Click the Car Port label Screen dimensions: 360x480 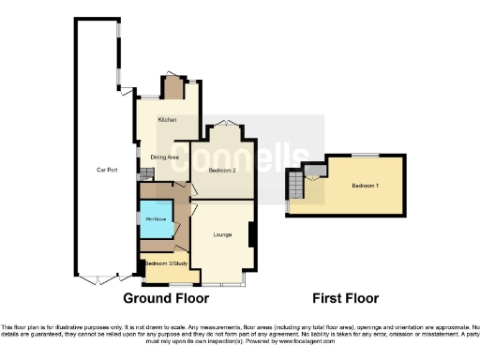click(x=106, y=170)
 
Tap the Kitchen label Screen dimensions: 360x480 click(x=168, y=121)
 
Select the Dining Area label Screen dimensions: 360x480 click(x=165, y=157)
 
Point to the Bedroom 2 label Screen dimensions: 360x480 click(x=221, y=171)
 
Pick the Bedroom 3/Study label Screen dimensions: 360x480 click(x=163, y=264)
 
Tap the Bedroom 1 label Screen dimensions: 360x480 click(x=365, y=187)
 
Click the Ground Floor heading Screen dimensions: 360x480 click(x=165, y=298)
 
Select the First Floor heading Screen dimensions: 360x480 click(x=347, y=298)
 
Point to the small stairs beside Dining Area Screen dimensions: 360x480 click(x=144, y=173)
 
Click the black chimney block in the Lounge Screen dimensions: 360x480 click(x=251, y=234)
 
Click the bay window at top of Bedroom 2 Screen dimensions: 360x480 click(x=223, y=125)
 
